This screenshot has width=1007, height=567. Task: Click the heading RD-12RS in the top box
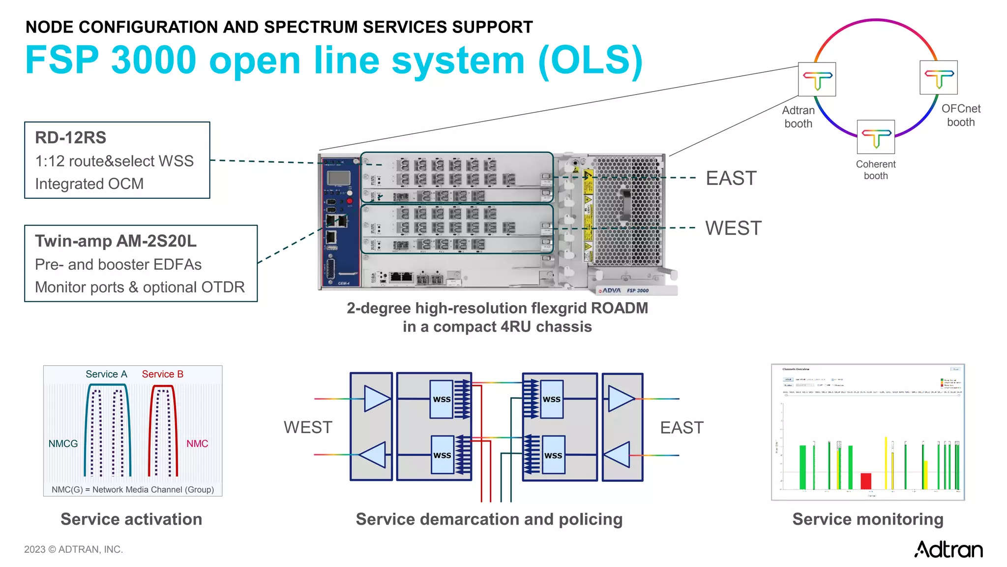(x=70, y=138)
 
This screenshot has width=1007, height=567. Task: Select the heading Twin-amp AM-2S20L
(x=116, y=241)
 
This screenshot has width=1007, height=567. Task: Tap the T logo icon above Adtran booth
(x=817, y=79)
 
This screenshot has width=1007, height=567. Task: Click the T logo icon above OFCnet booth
(x=938, y=77)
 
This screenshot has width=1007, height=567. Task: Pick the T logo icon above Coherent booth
(x=876, y=137)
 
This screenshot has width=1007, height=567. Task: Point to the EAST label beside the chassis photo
(x=731, y=178)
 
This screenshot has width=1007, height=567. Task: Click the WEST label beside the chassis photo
(x=733, y=228)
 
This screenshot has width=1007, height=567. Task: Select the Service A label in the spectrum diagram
(x=106, y=374)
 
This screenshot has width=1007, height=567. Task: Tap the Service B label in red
(x=162, y=374)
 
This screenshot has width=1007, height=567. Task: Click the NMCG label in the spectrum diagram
(x=63, y=443)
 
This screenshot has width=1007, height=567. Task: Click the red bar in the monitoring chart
(x=865, y=481)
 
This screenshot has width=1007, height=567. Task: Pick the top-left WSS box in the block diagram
(x=441, y=399)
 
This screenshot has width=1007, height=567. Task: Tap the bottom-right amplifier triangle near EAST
(x=618, y=454)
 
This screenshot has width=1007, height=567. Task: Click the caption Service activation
(x=131, y=519)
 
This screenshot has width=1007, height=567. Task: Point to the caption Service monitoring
(x=867, y=519)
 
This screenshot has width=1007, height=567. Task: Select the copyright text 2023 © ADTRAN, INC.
(x=73, y=549)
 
